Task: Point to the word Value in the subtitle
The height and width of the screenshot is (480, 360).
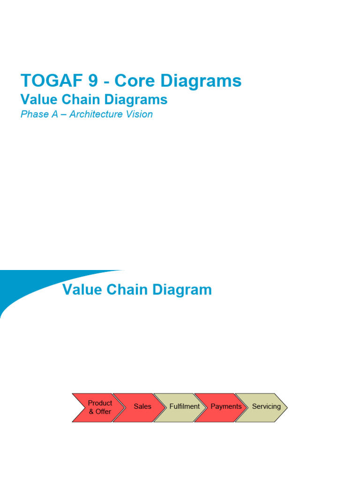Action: click(37, 99)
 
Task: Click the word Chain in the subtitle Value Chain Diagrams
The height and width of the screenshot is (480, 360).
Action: click(77, 99)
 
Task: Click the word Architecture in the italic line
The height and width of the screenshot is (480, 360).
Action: click(97, 114)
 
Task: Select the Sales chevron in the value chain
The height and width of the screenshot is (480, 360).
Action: click(141, 407)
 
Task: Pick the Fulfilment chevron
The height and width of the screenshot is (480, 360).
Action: click(183, 407)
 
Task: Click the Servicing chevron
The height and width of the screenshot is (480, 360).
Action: click(265, 407)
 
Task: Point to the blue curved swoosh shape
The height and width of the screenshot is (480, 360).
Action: click(28, 286)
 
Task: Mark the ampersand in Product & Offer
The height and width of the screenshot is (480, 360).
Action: click(91, 412)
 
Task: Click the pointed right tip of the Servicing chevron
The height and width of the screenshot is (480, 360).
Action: click(286, 407)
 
